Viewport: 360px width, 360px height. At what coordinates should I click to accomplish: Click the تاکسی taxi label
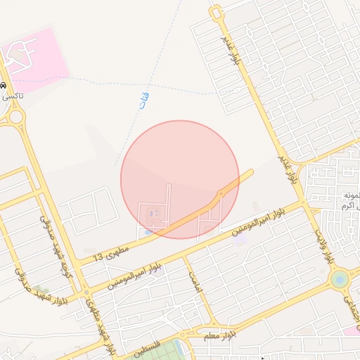click(11, 96)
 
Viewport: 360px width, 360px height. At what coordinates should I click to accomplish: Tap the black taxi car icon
click(4, 85)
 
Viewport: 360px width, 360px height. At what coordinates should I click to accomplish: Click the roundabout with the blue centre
click(340, 280)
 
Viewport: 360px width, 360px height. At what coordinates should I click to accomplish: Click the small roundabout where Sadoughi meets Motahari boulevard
click(86, 292)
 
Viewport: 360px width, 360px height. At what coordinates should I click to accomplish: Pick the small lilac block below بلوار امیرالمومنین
click(240, 240)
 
